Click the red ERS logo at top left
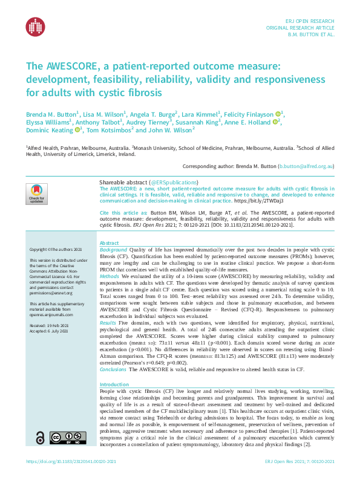click(35, 25)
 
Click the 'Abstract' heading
click(109, 242)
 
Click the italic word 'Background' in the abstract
click(113, 249)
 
